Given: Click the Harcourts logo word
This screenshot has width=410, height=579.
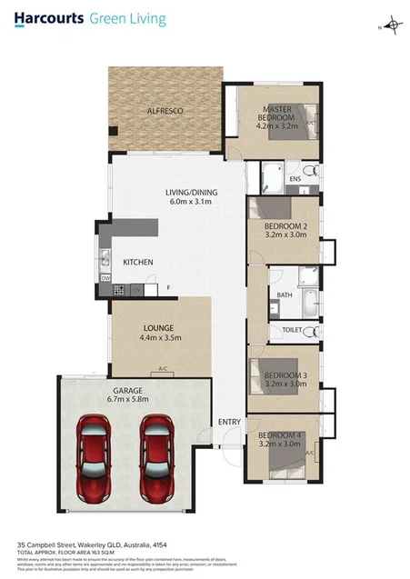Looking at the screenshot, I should coord(46,17).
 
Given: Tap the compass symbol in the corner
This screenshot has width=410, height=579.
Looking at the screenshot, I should coord(393,25).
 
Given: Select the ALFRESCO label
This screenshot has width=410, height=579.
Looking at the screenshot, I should coord(165,111).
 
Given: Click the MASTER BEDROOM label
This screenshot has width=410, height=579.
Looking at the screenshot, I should coord(276,114).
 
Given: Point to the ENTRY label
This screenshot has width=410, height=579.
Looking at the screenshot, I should coord(229,422).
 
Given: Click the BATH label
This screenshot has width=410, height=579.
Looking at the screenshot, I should coord(284,294).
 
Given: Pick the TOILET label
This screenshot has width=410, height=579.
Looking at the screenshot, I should coord(292,330).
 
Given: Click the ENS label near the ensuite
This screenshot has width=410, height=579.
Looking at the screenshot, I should coord(295,179).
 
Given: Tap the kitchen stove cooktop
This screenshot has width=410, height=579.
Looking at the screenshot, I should coord(118,290).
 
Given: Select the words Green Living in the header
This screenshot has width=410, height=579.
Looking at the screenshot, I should coord(127,17).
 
